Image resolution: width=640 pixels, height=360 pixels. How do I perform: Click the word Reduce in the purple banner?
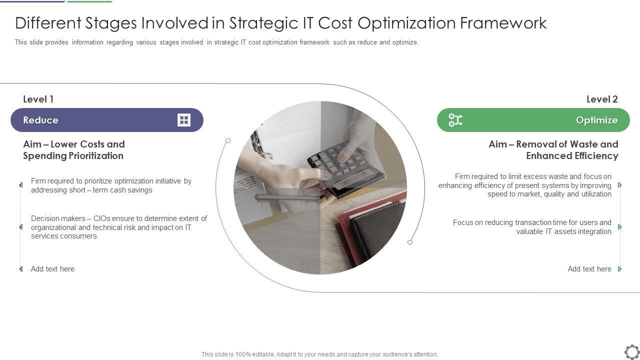pyautogui.click(x=41, y=120)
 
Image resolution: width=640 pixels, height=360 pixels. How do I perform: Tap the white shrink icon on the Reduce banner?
pyautogui.click(x=183, y=120)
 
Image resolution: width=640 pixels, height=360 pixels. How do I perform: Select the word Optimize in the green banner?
pyautogui.click(x=597, y=120)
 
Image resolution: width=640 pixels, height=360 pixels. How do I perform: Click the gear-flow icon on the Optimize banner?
pyautogui.click(x=455, y=120)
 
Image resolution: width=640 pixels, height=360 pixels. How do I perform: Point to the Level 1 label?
pyautogui.click(x=38, y=99)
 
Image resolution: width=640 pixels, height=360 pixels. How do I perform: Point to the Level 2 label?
pyautogui.click(x=602, y=99)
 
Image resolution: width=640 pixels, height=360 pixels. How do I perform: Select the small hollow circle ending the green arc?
pyautogui.click(x=228, y=140)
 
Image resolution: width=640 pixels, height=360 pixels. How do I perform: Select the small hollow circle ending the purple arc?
pyautogui.click(x=410, y=242)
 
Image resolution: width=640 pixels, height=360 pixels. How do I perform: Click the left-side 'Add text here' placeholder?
pyautogui.click(x=52, y=269)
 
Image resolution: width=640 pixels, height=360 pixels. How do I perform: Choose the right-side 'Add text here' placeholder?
pyautogui.click(x=589, y=269)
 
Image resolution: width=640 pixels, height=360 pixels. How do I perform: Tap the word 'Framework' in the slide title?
pyautogui.click(x=503, y=23)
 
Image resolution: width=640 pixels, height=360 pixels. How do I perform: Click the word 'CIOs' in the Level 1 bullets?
pyautogui.click(x=101, y=218)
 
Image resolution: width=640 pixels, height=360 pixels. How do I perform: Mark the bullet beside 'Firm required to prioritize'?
pyautogui.click(x=21, y=185)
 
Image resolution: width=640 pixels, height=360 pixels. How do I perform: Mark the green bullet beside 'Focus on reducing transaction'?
pyautogui.click(x=619, y=227)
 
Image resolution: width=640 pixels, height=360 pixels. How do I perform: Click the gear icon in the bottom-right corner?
pyautogui.click(x=632, y=352)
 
